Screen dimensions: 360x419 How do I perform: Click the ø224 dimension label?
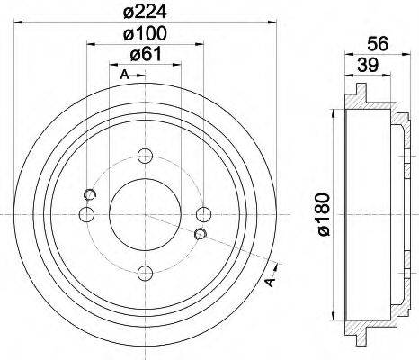[x=144, y=12]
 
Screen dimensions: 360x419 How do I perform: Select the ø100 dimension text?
[x=144, y=35]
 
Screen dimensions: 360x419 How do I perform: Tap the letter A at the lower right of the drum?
[x=270, y=283]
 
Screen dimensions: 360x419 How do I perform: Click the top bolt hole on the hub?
[x=145, y=155]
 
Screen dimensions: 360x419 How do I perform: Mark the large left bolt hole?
[x=86, y=213]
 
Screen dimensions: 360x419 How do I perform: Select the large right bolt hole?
[x=204, y=213]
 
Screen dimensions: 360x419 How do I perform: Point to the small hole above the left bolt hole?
[x=89, y=195]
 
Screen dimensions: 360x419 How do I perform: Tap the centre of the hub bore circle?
[x=145, y=213]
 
